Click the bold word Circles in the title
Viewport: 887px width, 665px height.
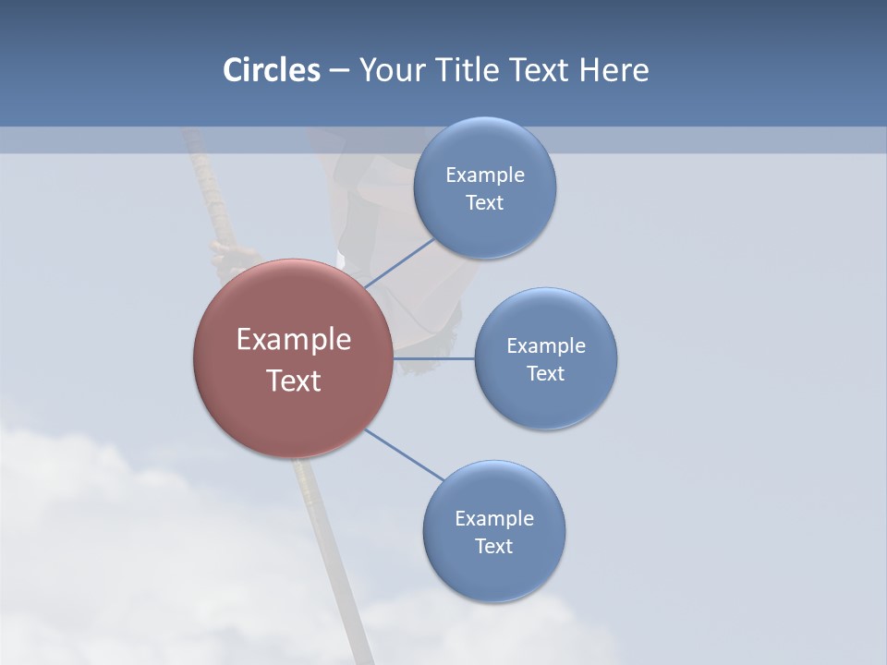[271, 70]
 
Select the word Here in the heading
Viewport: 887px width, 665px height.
[614, 70]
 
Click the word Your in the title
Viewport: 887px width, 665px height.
[393, 70]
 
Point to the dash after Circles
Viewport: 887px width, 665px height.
[339, 71]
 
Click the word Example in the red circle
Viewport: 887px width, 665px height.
[294, 340]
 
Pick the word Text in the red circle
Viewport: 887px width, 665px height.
[294, 381]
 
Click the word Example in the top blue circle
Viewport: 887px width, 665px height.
[485, 175]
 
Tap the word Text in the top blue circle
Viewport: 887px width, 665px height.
[484, 202]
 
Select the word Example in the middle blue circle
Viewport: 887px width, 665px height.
[546, 345]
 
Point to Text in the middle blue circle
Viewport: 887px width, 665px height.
[545, 373]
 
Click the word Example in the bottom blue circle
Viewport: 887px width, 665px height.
[494, 518]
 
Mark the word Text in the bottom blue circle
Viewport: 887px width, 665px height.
[493, 546]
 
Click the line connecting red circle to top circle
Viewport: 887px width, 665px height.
[399, 263]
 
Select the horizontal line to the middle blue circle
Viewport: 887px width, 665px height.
[434, 357]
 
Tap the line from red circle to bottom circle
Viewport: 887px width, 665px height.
[405, 455]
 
